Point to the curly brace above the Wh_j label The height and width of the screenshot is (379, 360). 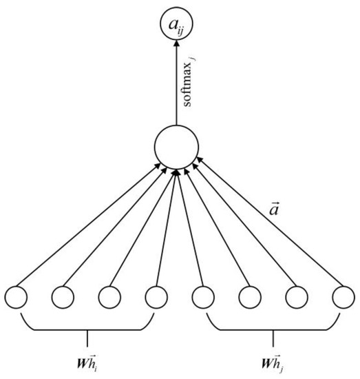(273, 329)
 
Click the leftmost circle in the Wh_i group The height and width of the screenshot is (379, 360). (17, 297)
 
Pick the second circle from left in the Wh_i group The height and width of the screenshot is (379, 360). (63, 297)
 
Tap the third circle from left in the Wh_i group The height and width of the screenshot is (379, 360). (109, 297)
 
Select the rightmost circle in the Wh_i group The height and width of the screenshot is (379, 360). (156, 297)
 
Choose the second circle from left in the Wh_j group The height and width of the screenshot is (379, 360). (249, 297)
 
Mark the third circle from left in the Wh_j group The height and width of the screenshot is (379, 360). (296, 297)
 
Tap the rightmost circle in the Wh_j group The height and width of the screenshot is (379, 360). (342, 297)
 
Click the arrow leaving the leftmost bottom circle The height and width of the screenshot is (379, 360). (89, 227)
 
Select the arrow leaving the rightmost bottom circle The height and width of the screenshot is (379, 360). (268, 227)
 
